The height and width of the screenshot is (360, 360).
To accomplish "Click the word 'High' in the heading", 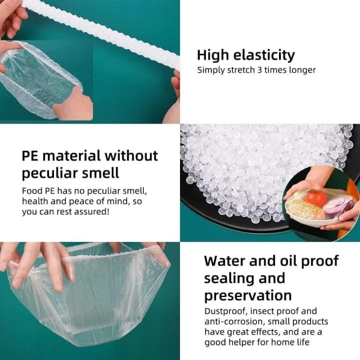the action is point(213,56).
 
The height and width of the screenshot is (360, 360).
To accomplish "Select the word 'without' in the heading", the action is point(131,155).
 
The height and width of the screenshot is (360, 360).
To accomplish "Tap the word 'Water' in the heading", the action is point(224,261).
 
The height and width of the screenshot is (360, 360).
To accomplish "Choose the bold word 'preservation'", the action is point(248,295).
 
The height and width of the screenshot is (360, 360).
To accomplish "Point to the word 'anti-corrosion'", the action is point(234,321).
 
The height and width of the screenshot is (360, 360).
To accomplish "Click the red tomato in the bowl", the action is point(316,197).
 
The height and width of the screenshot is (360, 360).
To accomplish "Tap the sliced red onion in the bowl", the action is point(337,207).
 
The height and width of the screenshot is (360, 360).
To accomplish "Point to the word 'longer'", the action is point(302,70).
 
